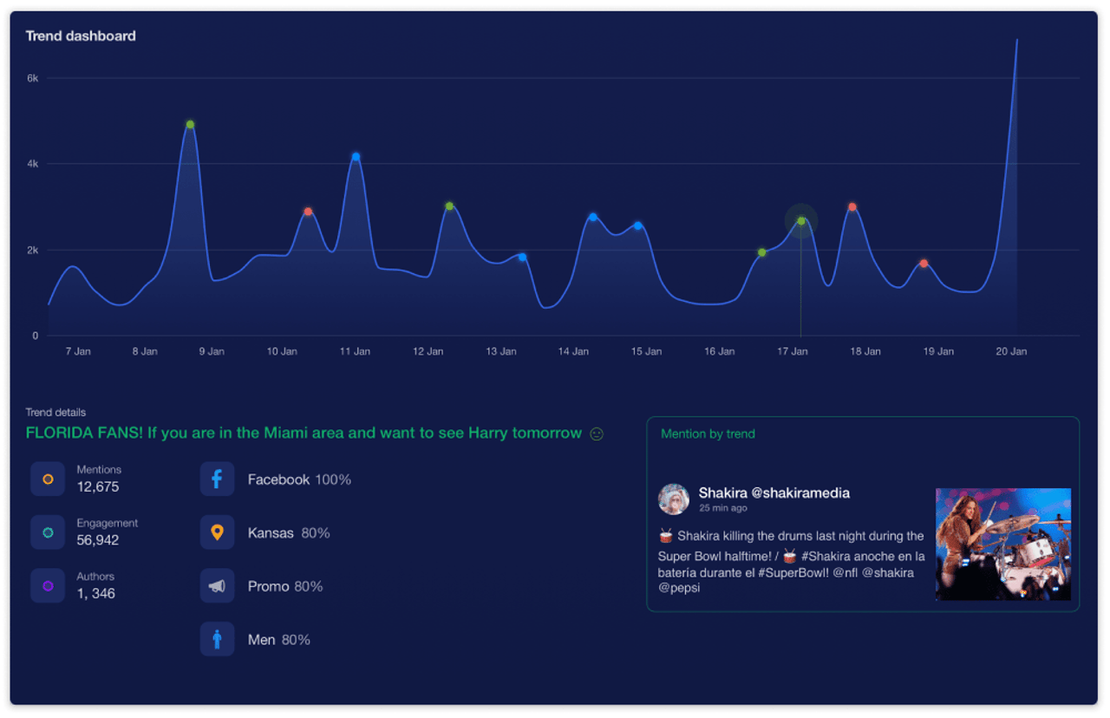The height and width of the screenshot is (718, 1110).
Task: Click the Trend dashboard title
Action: coord(81,36)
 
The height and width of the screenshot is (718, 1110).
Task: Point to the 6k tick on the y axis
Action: coord(32,78)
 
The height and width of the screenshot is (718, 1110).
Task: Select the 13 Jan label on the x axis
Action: coord(501,351)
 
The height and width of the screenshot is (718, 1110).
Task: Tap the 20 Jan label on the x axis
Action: coord(1011,351)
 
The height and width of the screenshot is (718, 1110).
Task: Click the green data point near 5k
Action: coord(190,125)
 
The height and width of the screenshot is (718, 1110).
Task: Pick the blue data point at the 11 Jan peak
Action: coord(356,157)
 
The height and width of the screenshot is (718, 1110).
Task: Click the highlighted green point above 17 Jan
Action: coord(801,221)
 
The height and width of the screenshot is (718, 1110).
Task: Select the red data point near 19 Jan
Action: coord(924,264)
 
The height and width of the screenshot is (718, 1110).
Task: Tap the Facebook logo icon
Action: coord(217,480)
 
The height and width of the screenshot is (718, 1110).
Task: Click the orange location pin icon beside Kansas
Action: coord(217,532)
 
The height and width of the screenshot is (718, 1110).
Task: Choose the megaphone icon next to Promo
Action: coord(217,586)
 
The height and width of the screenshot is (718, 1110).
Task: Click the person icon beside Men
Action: coord(217,640)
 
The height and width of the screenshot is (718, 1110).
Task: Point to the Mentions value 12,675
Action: coord(98,487)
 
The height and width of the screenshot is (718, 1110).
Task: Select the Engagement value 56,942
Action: coord(98,540)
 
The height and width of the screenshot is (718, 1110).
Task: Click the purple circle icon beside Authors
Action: coord(48,586)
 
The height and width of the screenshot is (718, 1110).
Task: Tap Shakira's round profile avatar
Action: coord(674,499)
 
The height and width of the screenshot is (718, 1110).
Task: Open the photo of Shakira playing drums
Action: coord(1003,545)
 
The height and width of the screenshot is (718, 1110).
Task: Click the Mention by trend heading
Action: coord(708,434)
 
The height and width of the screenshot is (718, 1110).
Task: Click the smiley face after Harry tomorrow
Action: coord(597,434)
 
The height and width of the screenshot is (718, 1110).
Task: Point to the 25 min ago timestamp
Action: coord(722,508)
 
